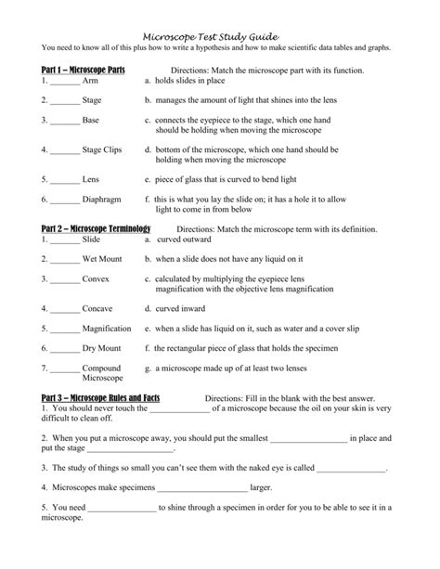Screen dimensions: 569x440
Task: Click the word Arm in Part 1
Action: click(90, 81)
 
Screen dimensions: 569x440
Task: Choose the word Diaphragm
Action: click(103, 198)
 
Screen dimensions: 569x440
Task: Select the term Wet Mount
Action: click(101, 259)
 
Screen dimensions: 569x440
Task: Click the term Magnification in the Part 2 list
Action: click(107, 329)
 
